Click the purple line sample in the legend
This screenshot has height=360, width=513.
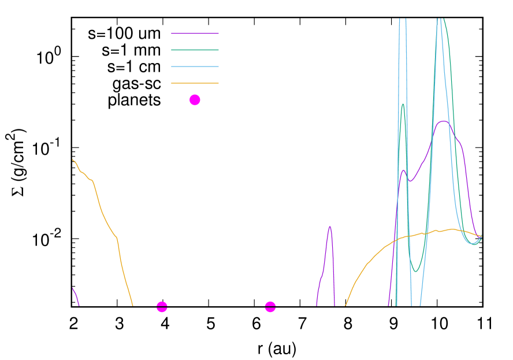point(195,34)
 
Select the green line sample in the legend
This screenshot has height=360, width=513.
point(195,50)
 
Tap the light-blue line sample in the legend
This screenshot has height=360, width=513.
point(195,67)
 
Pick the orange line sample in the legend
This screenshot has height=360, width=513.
point(195,83)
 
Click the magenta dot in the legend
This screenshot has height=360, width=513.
point(195,100)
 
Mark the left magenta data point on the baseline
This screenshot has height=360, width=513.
point(162,307)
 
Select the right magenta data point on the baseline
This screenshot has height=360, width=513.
point(270,307)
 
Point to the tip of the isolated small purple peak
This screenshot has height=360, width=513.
point(329,226)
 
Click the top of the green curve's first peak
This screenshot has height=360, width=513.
point(403,104)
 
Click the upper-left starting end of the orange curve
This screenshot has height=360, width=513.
point(73,159)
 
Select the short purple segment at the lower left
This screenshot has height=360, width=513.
point(75,294)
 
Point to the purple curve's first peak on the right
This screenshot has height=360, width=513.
point(404,170)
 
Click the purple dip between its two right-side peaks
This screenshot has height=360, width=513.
point(410,181)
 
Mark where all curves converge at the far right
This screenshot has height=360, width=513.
point(481,236)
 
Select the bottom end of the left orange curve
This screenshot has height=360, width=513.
point(132,305)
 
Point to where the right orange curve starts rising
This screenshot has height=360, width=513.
point(345,305)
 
